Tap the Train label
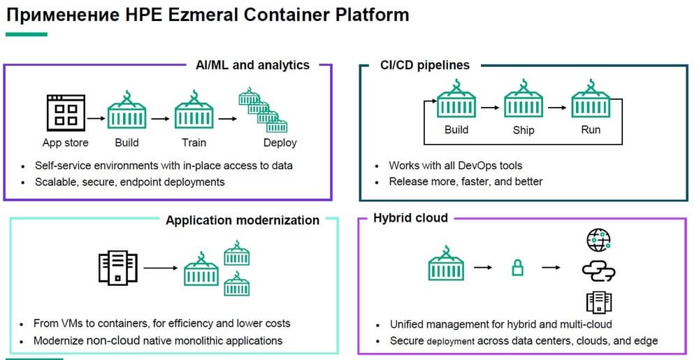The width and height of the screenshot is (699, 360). coord(194,143)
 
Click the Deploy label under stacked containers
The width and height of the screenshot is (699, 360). coord(280,143)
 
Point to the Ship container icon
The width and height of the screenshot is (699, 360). coord(524,102)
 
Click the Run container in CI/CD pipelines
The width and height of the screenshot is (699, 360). coord(591,102)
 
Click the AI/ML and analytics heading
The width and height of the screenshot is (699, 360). coord(252,65)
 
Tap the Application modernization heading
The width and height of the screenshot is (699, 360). coord(243,220)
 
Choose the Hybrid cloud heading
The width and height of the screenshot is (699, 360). coord(410,218)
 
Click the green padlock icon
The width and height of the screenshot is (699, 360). coord(517,267)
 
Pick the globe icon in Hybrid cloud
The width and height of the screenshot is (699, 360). coord(598,240)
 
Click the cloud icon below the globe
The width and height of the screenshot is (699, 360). coord(598,271)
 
